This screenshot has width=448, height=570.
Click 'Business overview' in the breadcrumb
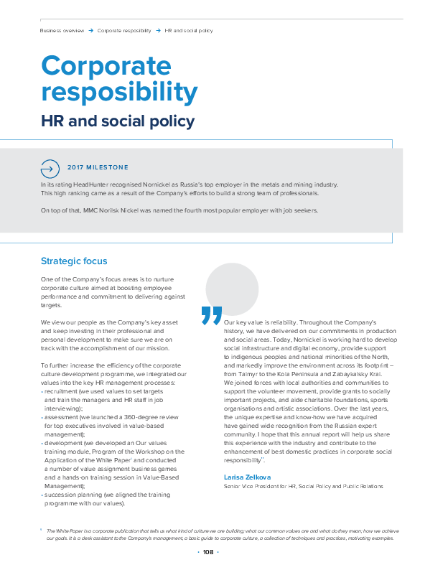pyautogui.click(x=62, y=31)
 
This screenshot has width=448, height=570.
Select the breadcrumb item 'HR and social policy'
pyautogui.click(x=188, y=31)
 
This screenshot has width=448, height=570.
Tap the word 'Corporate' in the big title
pyautogui.click(x=106, y=67)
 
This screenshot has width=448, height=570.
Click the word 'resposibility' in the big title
pyautogui.click(x=119, y=93)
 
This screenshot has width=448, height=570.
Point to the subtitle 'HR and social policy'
pyautogui.click(x=117, y=121)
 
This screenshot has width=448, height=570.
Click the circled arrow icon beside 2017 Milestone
pyautogui.click(x=50, y=169)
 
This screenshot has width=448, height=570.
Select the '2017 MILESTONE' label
pyautogui.click(x=98, y=167)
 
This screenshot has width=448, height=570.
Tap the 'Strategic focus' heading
pyautogui.click(x=74, y=261)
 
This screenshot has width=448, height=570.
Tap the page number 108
pyautogui.click(x=208, y=552)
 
